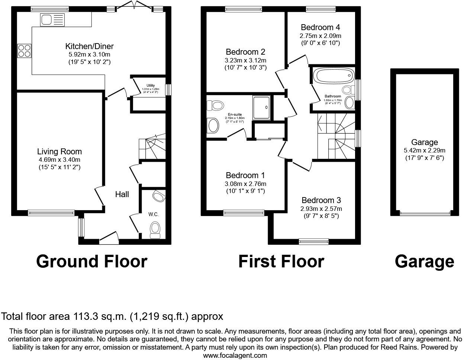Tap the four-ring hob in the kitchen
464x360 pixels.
tap(25, 51)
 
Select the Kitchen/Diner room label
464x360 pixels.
tap(89, 46)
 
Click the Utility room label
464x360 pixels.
tap(151, 86)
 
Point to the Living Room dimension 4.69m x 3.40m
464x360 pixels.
tap(59, 160)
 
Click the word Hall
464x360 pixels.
tap(122, 194)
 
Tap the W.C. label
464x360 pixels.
tap(154, 214)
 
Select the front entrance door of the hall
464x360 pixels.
tap(109, 237)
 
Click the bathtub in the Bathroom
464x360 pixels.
tap(333, 75)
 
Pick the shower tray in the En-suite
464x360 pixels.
tap(262, 107)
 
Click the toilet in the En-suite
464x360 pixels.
tap(215, 105)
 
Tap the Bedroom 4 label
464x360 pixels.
tap(320, 27)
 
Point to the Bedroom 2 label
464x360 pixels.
tap(245, 52)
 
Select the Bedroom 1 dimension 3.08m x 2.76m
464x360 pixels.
tap(246, 184)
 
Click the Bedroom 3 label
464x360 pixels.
tap(322, 200)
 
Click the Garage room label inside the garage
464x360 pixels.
tap(424, 142)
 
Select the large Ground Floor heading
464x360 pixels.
tap(91, 261)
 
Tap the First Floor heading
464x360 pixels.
tap(281, 261)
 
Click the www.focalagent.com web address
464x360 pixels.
tap(235, 355)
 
